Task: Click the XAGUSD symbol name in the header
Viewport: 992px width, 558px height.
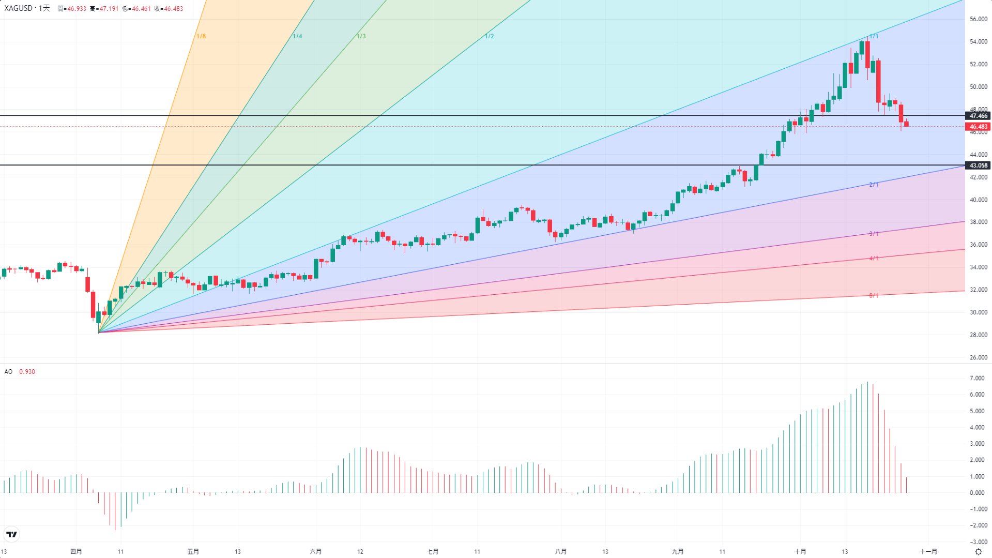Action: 19,8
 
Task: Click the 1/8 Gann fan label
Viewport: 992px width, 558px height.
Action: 201,36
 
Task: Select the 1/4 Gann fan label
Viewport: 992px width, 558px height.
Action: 297,36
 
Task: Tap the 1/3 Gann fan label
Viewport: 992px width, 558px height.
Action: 361,36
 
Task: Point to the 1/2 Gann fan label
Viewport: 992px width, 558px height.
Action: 489,36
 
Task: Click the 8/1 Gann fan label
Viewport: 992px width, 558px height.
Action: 874,296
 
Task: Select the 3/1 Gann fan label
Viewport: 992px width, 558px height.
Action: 874,234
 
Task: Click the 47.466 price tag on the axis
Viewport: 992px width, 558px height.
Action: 978,116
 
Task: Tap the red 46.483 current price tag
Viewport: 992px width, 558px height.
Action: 978,127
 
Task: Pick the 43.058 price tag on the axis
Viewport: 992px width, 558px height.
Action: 978,165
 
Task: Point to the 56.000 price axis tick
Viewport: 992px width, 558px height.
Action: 979,19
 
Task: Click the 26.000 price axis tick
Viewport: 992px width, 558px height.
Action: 979,357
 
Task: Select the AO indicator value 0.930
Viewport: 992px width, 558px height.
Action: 27,372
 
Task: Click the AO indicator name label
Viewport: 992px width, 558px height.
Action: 8,372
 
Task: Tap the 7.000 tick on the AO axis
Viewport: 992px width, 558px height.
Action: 977,379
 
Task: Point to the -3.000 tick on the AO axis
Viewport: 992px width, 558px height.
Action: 977,542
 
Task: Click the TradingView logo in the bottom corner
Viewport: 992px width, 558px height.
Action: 11,534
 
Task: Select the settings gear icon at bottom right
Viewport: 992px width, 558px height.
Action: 978,552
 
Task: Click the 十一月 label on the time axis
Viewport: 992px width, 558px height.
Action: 928,552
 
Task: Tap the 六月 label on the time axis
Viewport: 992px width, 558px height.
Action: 315,552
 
